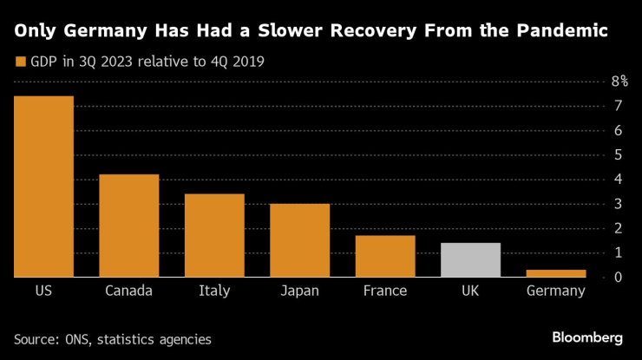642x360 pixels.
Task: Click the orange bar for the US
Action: click(43, 187)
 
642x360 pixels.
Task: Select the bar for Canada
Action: click(128, 226)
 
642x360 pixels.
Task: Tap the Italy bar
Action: click(214, 235)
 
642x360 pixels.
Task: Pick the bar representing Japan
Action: click(299, 240)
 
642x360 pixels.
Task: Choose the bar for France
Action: click(385, 256)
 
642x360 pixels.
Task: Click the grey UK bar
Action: click(470, 260)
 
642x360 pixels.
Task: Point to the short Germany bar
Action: click(556, 273)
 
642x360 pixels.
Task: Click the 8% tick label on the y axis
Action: click(619, 82)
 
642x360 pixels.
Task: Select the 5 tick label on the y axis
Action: click(617, 154)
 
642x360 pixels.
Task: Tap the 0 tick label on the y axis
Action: click(617, 278)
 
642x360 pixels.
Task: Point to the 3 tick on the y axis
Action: click(617, 204)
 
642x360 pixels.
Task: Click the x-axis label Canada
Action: click(128, 291)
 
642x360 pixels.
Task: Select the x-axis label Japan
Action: click(299, 291)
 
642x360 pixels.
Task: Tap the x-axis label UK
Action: click(470, 291)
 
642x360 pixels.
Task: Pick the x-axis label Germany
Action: click(556, 291)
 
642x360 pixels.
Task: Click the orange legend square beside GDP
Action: click(20, 62)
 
